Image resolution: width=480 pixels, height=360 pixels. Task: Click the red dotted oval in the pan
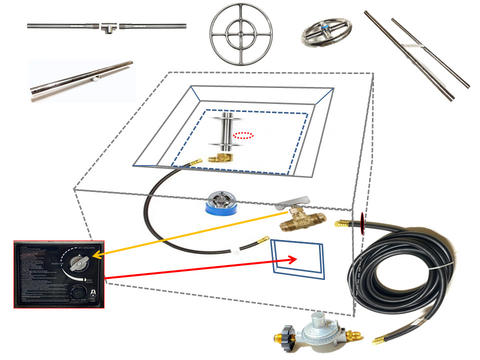pos(243,135)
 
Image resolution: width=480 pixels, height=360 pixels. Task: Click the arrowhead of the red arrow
pos(294,259)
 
